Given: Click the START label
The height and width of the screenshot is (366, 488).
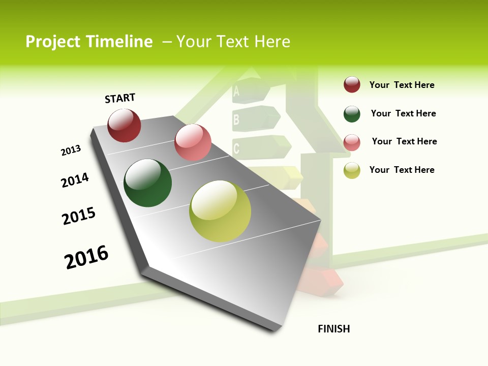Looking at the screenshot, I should tap(120, 98).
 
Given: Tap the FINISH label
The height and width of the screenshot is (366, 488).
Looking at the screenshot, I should tap(334, 329).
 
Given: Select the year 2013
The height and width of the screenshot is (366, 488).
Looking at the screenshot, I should tap(71, 150).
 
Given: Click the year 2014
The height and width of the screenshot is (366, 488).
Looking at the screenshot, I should tap(75, 180).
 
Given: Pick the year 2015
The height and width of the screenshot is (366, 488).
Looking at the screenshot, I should tap(79, 216).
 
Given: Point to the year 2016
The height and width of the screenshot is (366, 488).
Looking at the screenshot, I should tap(86, 257).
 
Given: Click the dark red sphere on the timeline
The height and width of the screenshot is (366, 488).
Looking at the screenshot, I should tap(124, 126).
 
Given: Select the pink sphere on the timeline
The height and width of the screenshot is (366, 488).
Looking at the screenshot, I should tap(193, 142).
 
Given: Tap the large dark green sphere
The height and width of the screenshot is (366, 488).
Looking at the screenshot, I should tap(148, 183).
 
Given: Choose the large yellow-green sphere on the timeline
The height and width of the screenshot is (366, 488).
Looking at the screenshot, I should tap(220, 211).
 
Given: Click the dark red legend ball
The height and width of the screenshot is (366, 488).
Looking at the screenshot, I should tap(352, 85).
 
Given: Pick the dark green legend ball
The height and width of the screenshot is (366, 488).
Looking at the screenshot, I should tap(352, 114).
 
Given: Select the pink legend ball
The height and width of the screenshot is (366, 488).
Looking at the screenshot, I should tap(352, 142).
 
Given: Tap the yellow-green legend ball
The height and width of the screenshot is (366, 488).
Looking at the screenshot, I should tap(352, 170).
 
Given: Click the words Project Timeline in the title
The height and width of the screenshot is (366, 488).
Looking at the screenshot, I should tap(89, 42).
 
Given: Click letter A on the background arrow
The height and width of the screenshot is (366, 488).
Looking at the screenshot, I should tap(236, 92).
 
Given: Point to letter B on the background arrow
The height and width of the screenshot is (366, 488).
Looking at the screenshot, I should tap(236, 120).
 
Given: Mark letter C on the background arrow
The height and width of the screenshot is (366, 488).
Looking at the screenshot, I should tap(236, 148).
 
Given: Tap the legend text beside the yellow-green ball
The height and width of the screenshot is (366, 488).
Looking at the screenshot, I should tap(402, 170).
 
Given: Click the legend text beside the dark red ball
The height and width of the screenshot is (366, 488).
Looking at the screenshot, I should tap(402, 85).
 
